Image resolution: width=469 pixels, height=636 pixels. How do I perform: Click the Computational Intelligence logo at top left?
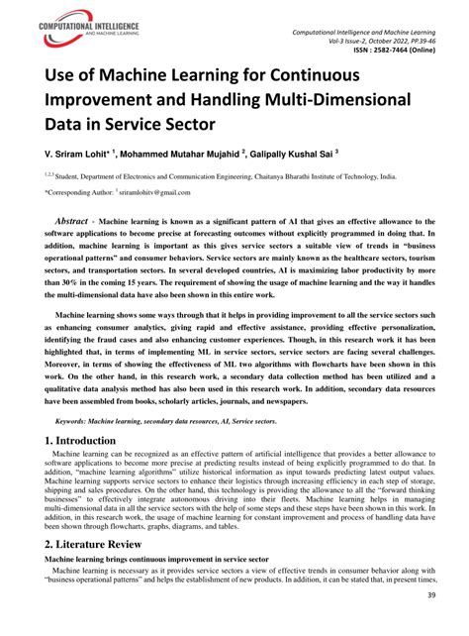(75, 28)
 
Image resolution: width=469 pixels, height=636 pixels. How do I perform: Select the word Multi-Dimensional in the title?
(340, 102)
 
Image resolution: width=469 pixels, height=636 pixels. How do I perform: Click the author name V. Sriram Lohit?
(75, 156)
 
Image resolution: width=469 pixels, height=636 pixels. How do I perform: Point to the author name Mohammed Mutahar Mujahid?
(187, 156)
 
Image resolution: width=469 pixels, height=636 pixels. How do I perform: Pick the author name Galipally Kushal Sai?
(295, 156)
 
